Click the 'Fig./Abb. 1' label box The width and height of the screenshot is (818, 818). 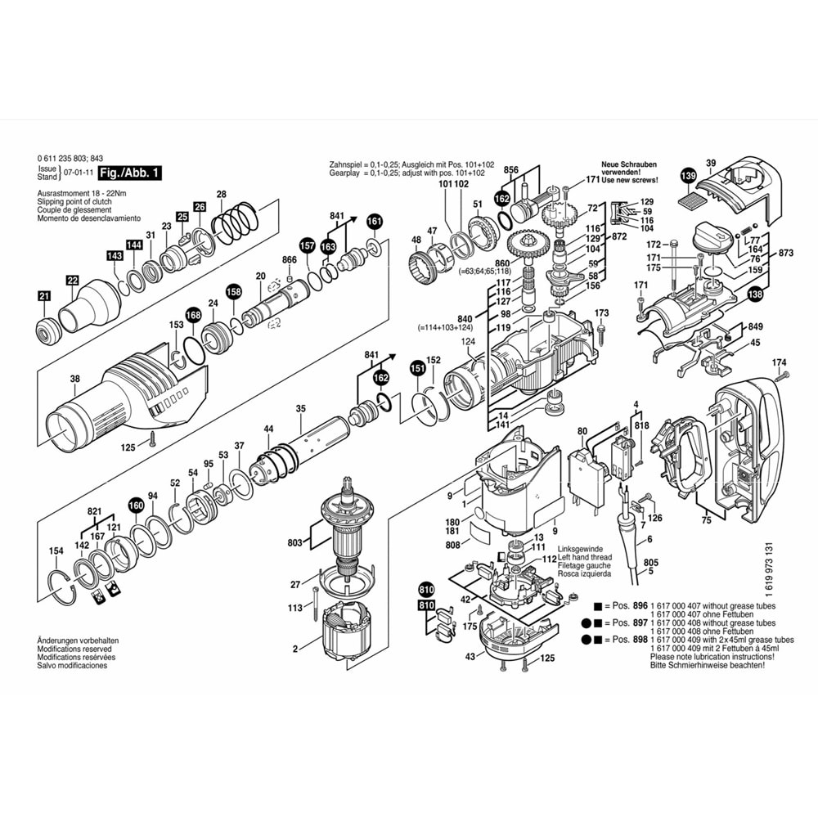point(129,173)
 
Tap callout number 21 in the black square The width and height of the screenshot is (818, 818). point(44,297)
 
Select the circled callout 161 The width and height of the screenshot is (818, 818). point(374,221)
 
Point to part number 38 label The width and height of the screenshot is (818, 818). point(75,378)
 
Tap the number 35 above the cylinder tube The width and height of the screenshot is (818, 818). point(300,408)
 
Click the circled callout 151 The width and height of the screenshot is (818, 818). point(418,368)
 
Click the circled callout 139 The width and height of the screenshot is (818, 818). point(689,176)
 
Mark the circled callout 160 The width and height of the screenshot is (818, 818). point(136,506)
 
